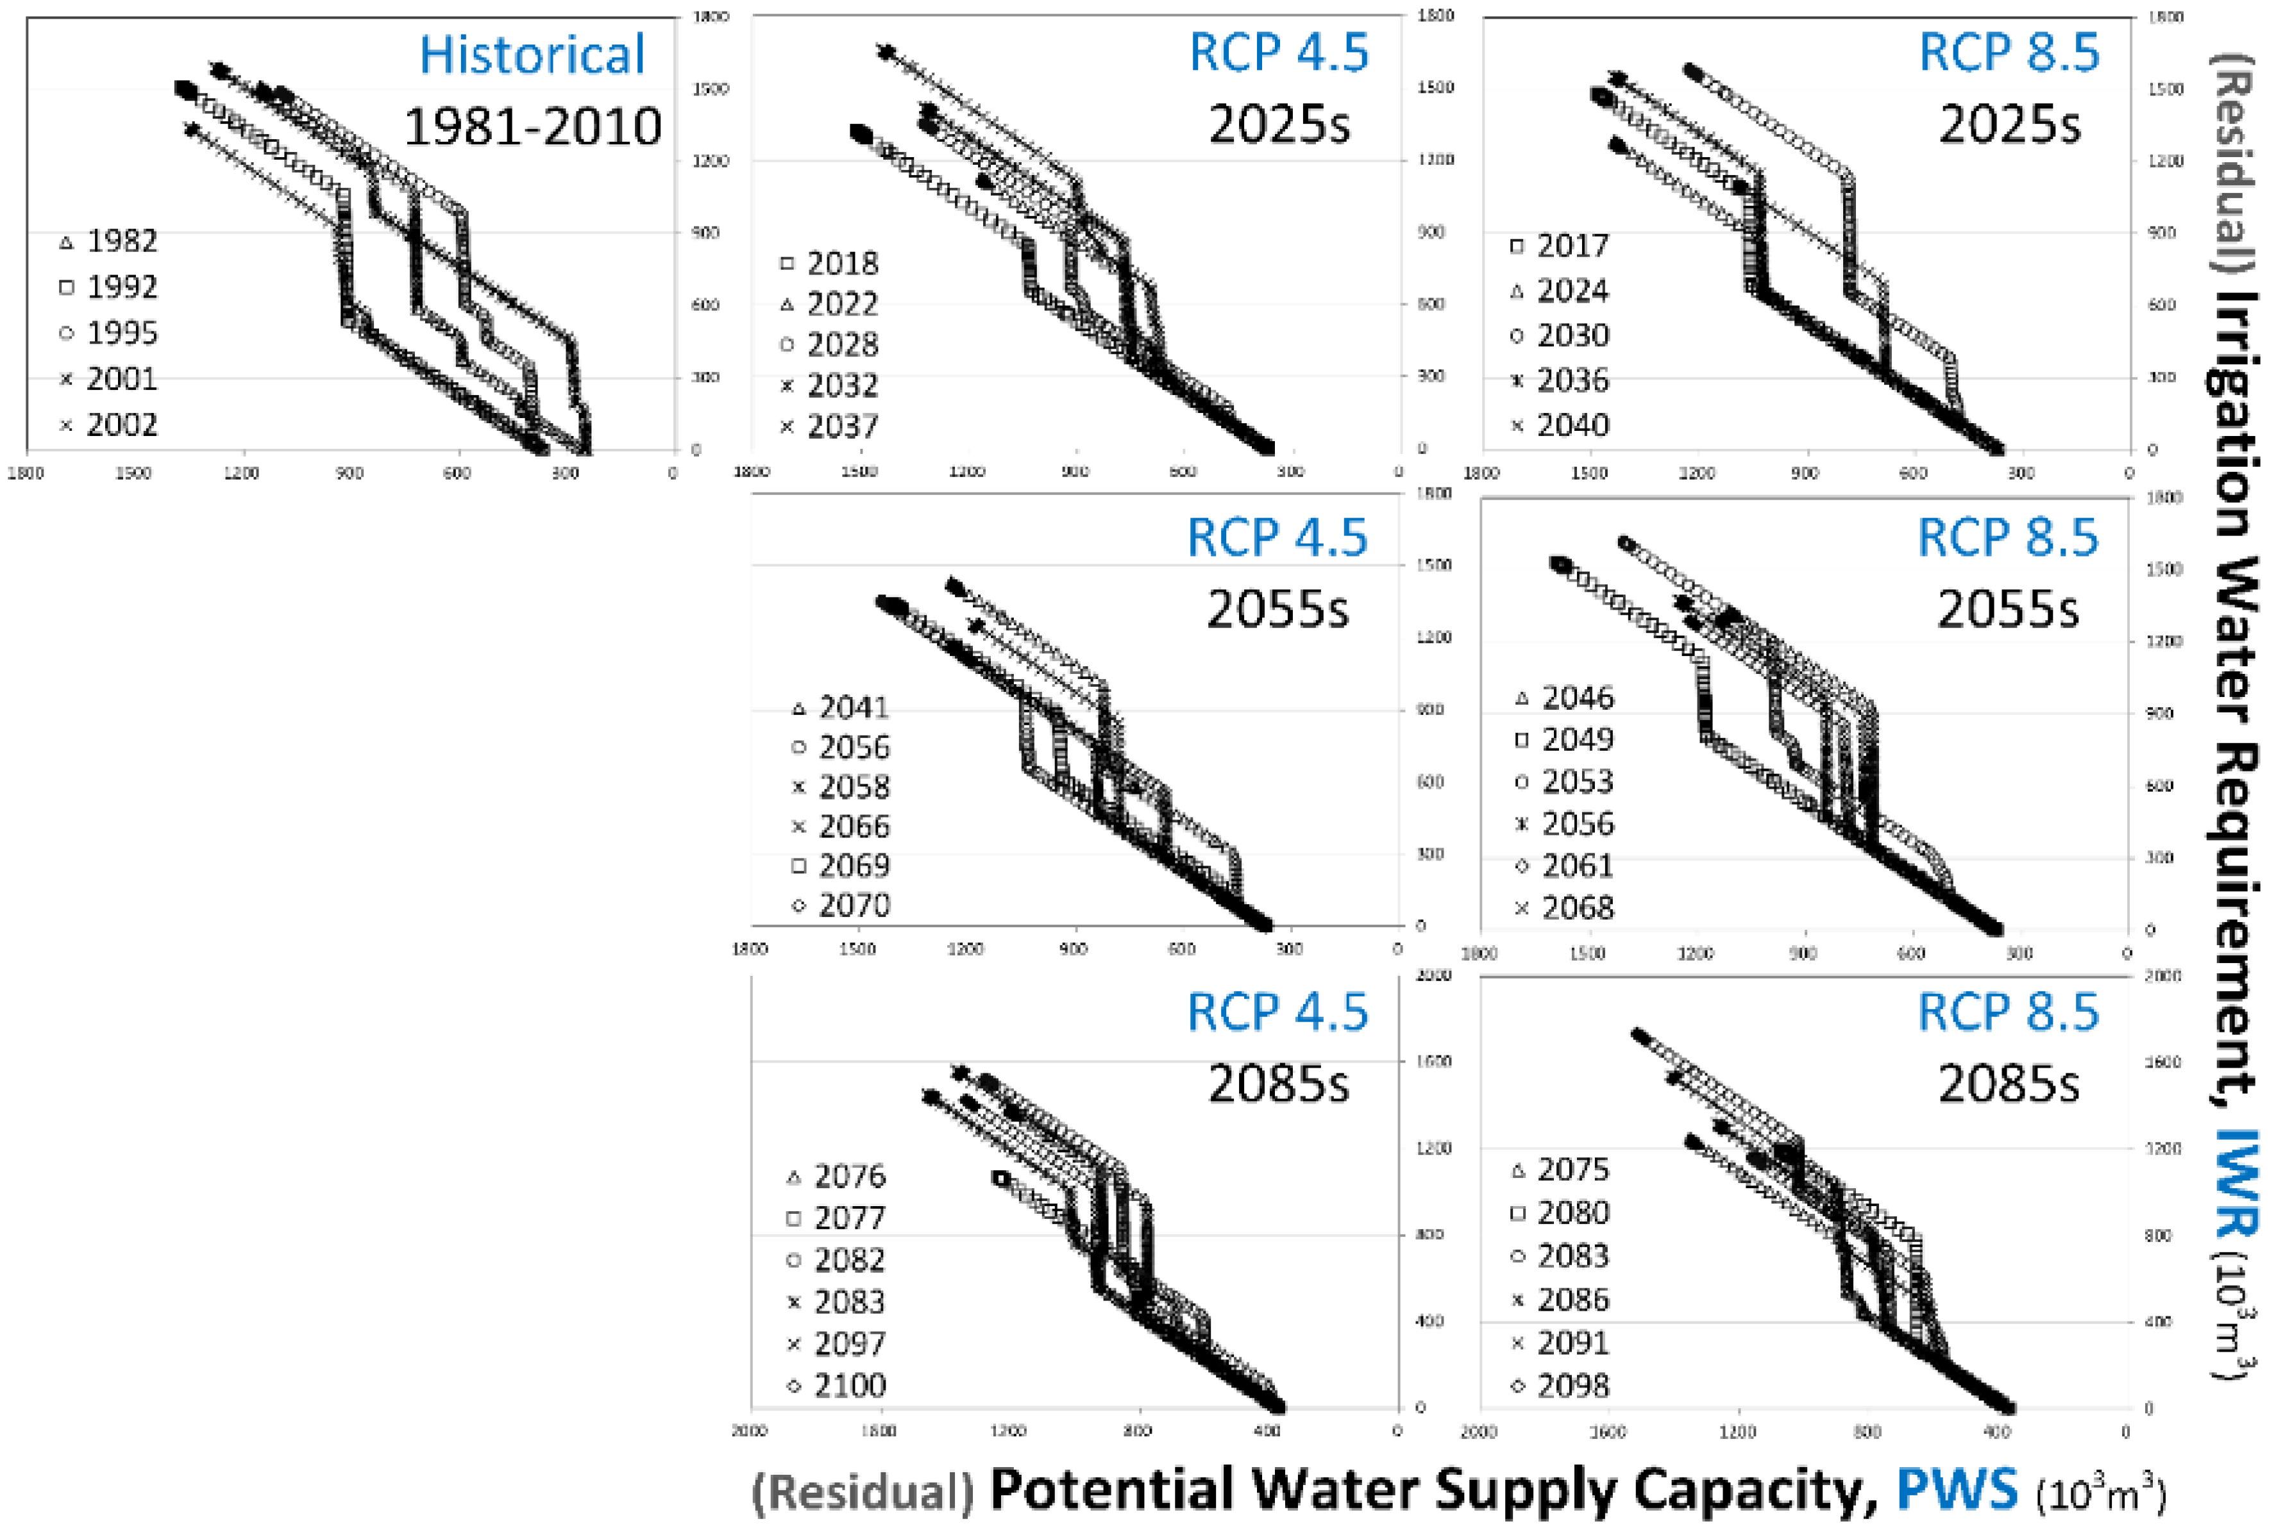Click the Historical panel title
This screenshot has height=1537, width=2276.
[532, 55]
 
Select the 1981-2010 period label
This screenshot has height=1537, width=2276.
[532, 127]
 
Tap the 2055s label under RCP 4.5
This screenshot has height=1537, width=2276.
[1277, 609]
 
